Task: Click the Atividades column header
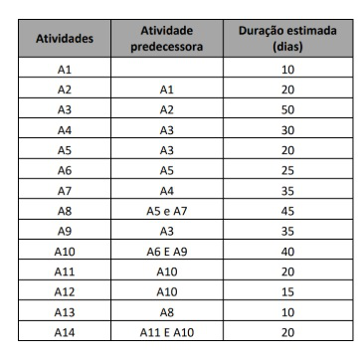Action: (x=65, y=39)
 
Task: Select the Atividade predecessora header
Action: (x=166, y=39)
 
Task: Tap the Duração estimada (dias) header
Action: (x=287, y=39)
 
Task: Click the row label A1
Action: (x=65, y=70)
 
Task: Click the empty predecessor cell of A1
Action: (x=166, y=70)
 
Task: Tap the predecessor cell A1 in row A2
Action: (x=166, y=89)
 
